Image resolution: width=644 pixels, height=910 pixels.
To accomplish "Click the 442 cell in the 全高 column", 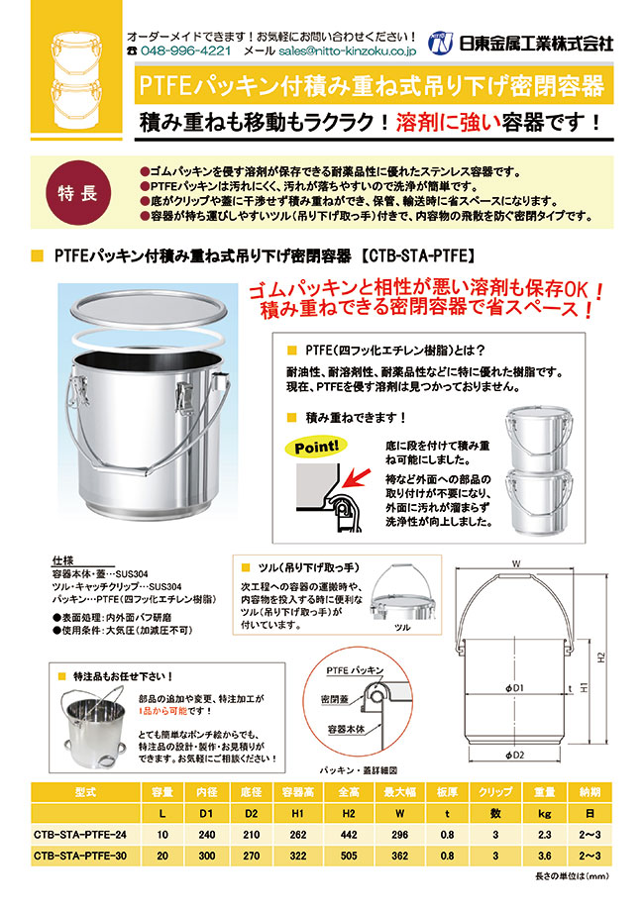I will click(348, 837).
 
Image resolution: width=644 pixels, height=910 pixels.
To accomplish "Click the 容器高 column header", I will click(296, 792).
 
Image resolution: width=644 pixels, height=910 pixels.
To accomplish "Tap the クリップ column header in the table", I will click(489, 792).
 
